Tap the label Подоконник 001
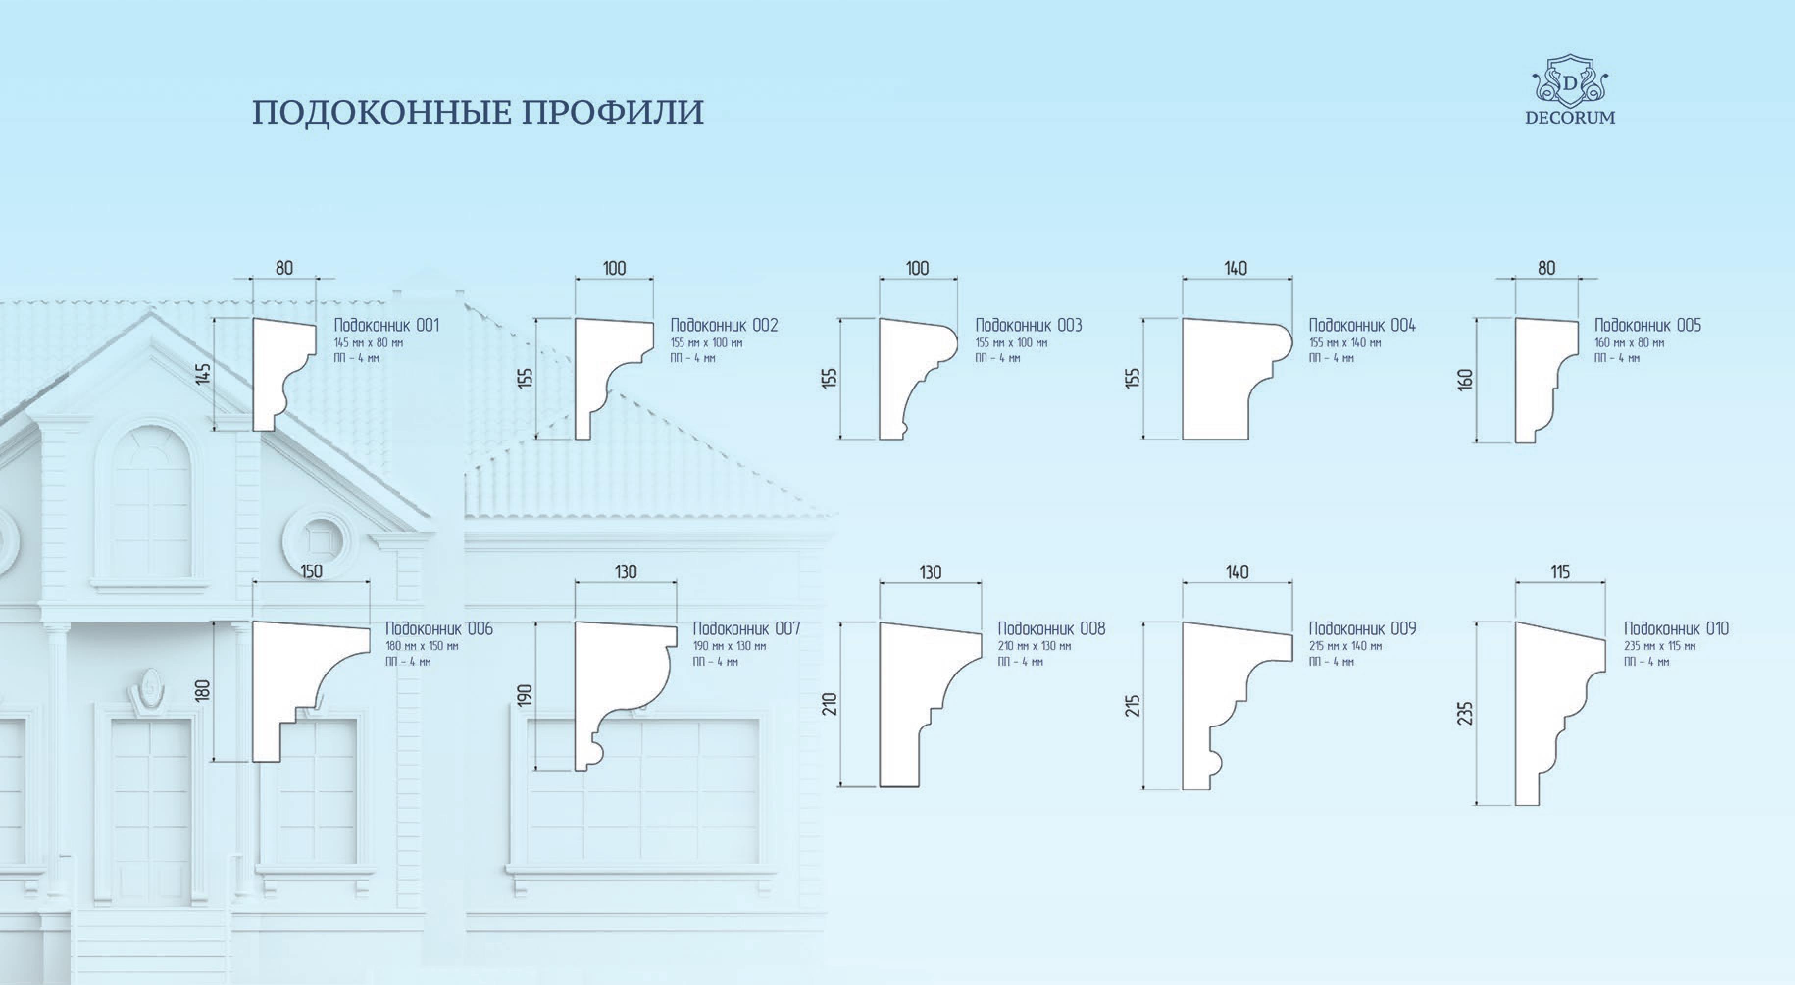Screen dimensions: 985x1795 pyautogui.click(x=387, y=325)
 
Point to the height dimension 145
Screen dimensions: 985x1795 pyautogui.click(x=203, y=374)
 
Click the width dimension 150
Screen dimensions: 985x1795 pyautogui.click(x=311, y=571)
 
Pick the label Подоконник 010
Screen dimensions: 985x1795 pyautogui.click(x=1676, y=629)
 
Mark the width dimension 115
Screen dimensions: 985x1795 pyautogui.click(x=1560, y=571)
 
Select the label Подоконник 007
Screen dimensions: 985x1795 pyautogui.click(x=746, y=629)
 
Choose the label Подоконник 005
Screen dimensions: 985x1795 pyautogui.click(x=1647, y=325)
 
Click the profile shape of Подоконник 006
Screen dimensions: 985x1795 pyautogui.click(x=293, y=669)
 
